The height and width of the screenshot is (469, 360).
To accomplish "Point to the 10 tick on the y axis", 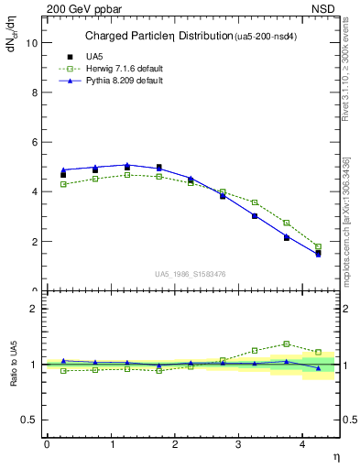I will (x=34, y=43).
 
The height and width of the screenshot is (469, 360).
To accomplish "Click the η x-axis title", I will (x=334, y=456).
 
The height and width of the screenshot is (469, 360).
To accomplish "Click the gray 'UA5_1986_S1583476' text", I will (x=191, y=273).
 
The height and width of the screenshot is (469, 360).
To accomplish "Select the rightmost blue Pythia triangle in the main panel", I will (x=318, y=254).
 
